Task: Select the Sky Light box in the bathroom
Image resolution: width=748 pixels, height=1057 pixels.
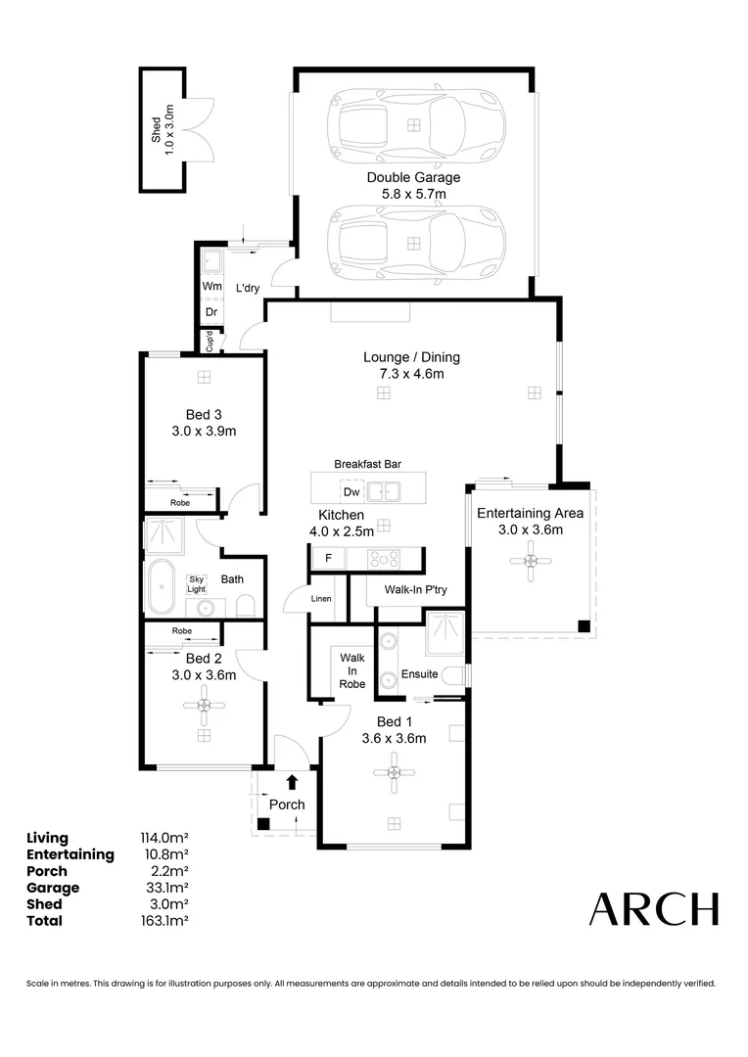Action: pyautogui.click(x=198, y=584)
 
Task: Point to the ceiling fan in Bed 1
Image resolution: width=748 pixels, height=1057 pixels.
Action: pyautogui.click(x=393, y=779)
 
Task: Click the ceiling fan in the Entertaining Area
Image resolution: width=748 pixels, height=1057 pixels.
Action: pyautogui.click(x=530, y=561)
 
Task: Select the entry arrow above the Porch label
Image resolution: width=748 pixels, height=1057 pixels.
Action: pyautogui.click(x=292, y=781)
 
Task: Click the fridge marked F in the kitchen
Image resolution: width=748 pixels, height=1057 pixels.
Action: pyautogui.click(x=327, y=558)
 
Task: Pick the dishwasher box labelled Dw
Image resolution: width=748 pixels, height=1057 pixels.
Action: pyautogui.click(x=351, y=490)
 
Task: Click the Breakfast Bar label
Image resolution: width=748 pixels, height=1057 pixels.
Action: pyautogui.click(x=368, y=464)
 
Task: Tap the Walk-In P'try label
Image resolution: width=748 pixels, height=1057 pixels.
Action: pyautogui.click(x=415, y=590)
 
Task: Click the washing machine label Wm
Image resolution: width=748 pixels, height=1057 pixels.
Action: pyautogui.click(x=211, y=286)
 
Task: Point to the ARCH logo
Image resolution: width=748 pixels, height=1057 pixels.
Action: pyautogui.click(x=653, y=909)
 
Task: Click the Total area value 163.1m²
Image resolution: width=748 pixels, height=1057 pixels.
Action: pyautogui.click(x=164, y=921)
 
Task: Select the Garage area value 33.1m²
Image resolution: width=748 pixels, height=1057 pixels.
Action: pyautogui.click(x=164, y=888)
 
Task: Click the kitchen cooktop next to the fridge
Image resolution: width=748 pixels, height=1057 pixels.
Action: pyautogui.click(x=383, y=558)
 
